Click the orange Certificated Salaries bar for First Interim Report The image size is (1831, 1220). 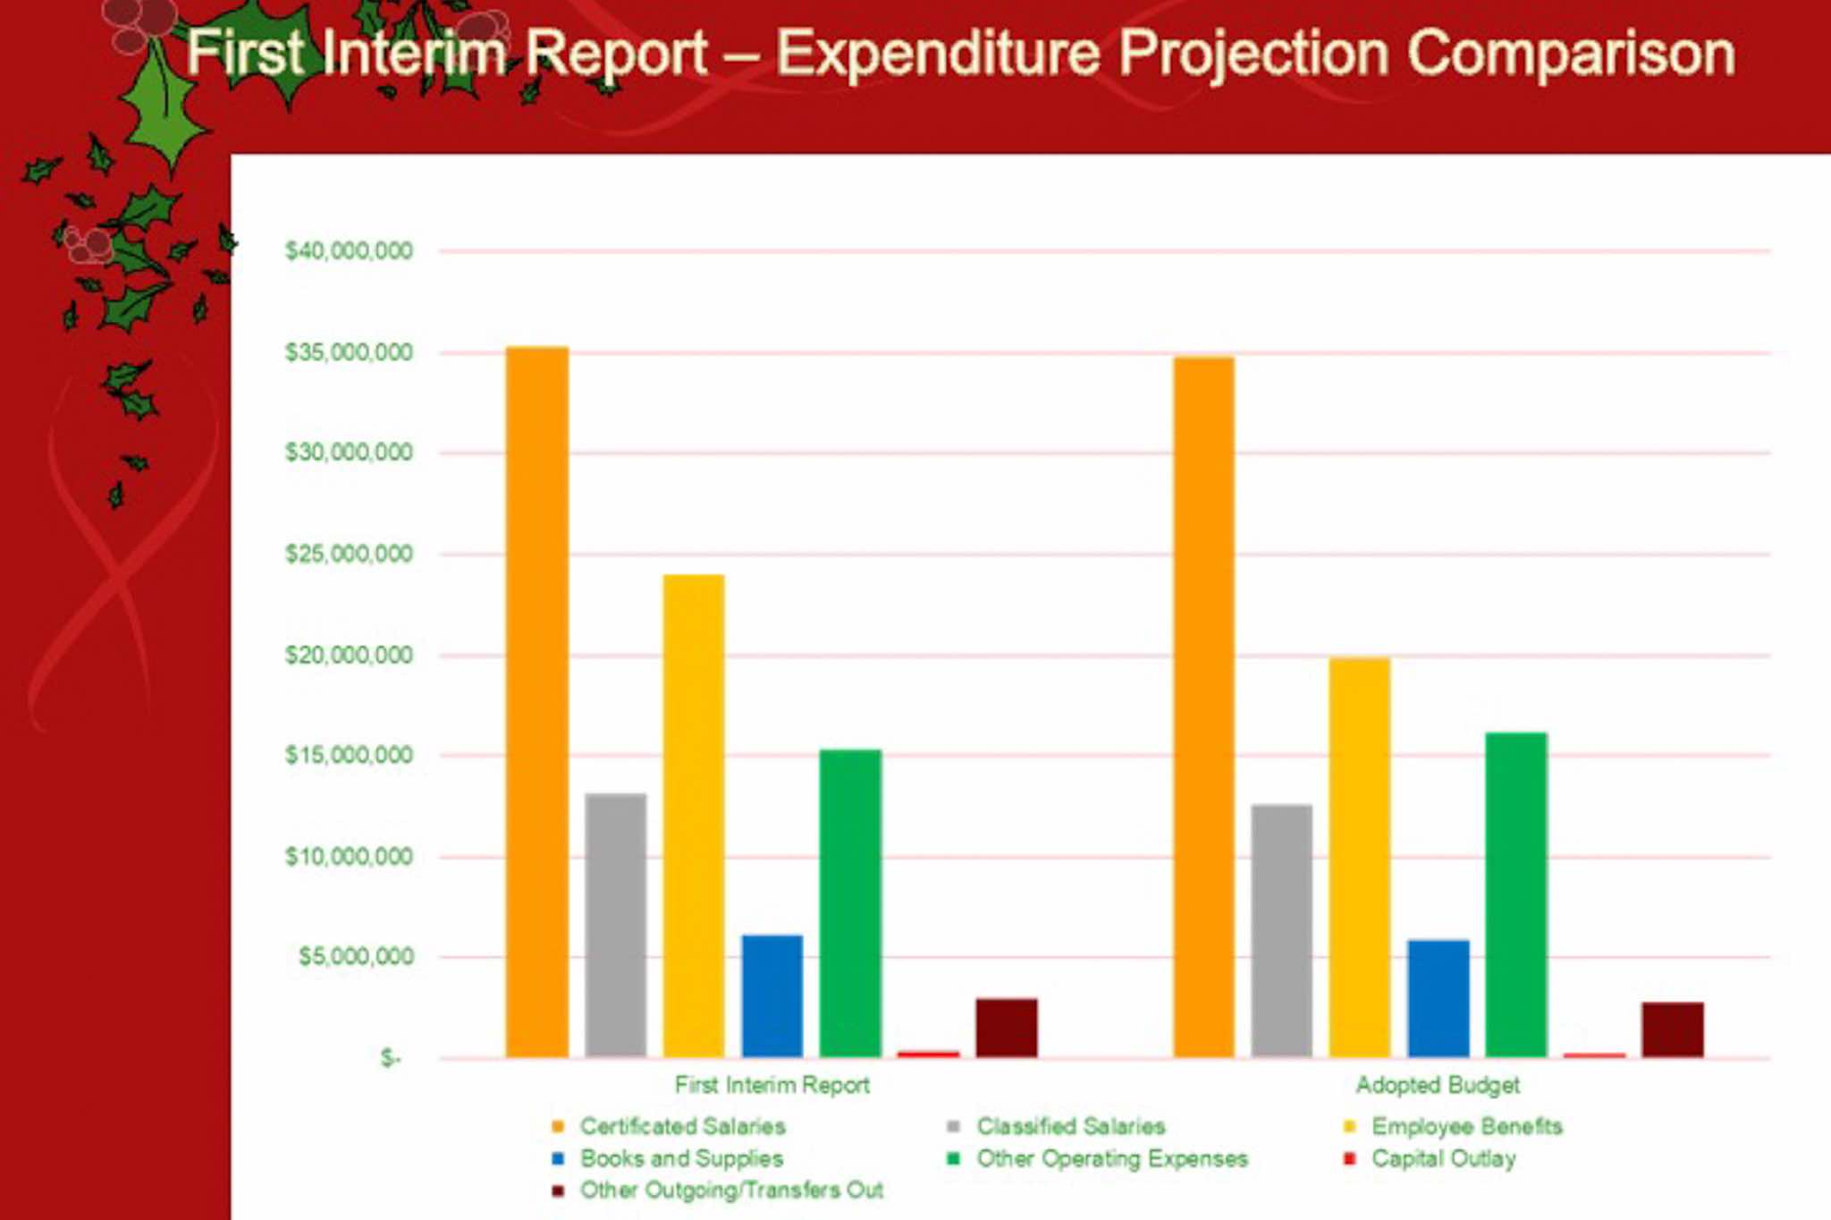[x=536, y=702]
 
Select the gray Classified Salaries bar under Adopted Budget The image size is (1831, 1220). [x=1281, y=930]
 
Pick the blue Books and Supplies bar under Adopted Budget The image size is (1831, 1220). [x=1438, y=998]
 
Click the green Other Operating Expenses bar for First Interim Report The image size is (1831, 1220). [x=850, y=903]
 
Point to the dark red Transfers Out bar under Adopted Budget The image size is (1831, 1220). [x=1672, y=1029]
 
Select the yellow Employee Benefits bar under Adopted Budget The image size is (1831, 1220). [x=1359, y=857]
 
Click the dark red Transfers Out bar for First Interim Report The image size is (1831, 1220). [x=1007, y=1028]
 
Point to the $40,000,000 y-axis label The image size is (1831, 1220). [x=349, y=251]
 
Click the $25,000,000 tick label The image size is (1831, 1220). [x=349, y=555]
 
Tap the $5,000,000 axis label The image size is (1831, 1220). [x=355, y=957]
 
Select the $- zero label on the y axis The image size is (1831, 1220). [x=390, y=1058]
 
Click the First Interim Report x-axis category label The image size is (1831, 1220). [x=772, y=1085]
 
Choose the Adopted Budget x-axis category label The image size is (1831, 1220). [x=1437, y=1085]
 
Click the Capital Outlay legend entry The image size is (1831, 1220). [x=1442, y=1159]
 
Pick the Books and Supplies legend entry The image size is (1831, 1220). [x=680, y=1159]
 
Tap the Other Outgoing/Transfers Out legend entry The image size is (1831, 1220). [x=730, y=1190]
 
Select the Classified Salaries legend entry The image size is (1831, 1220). [x=1070, y=1126]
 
